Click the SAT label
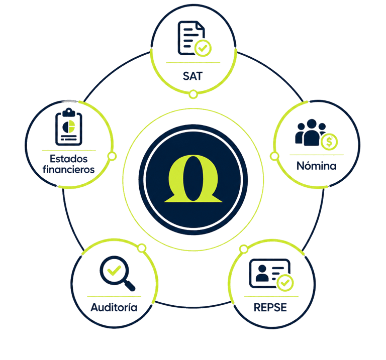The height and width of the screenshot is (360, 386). (192, 75)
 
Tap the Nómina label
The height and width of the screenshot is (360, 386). (316, 166)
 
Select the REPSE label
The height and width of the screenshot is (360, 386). (270, 306)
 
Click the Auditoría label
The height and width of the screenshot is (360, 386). (114, 306)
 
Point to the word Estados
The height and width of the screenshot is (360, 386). (69, 159)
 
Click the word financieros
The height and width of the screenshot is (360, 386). (69, 170)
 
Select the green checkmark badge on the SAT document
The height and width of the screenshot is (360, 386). (203, 49)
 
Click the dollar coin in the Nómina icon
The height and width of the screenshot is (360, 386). (329, 143)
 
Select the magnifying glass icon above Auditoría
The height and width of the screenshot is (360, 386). (117, 274)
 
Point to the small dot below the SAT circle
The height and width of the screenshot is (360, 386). (193, 94)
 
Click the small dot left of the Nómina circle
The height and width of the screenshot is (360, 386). (274, 156)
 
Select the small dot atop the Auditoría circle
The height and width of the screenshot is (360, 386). (142, 247)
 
